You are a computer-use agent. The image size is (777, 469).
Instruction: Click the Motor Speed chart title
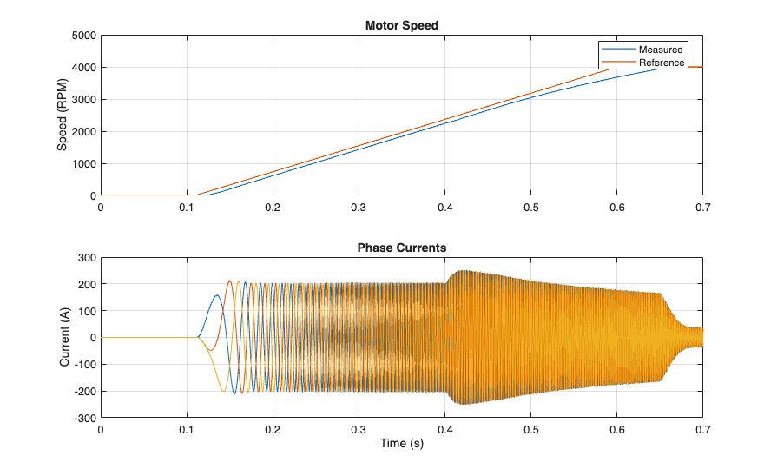(401, 25)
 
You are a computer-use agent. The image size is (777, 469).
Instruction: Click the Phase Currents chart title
(401, 248)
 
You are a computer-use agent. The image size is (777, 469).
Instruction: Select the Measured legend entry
(661, 50)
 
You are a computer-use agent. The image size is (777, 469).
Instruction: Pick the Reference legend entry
(662, 63)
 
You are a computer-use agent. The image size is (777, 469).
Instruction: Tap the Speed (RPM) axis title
(63, 116)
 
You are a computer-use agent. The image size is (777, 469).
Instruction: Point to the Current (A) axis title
(64, 337)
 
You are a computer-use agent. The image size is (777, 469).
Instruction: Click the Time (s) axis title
(401, 444)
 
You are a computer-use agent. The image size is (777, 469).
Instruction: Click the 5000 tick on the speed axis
(82, 36)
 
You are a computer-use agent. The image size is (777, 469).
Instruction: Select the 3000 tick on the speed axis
(82, 100)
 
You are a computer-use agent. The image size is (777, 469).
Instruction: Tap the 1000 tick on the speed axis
(82, 164)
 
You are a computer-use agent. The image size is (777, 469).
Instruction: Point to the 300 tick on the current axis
(86, 258)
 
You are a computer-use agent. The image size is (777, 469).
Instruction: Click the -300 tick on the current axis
(84, 418)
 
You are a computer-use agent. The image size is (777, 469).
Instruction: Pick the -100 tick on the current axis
(84, 365)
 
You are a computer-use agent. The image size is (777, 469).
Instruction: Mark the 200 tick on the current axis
(86, 284)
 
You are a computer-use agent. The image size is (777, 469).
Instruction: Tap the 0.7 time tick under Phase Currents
(702, 430)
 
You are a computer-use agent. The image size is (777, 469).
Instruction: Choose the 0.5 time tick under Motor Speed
(530, 208)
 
